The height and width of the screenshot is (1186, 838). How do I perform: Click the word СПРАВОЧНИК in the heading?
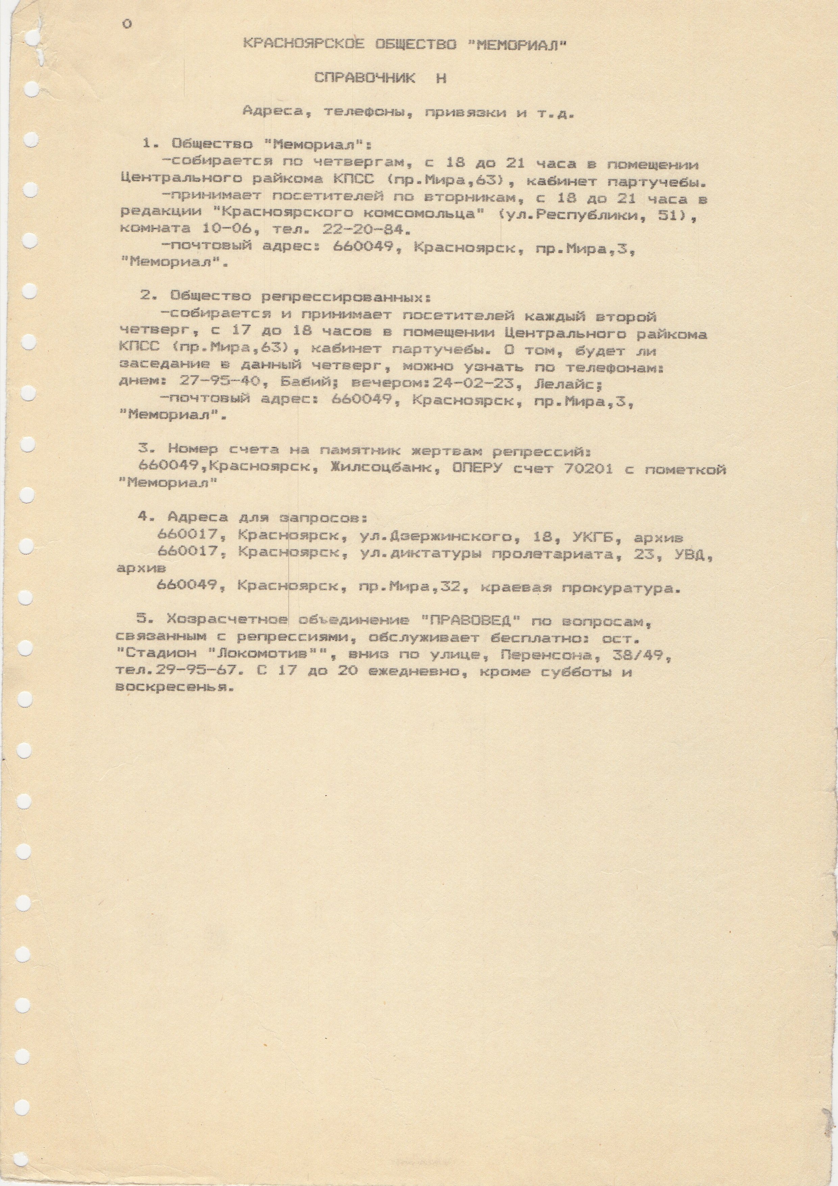pos(364,78)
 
